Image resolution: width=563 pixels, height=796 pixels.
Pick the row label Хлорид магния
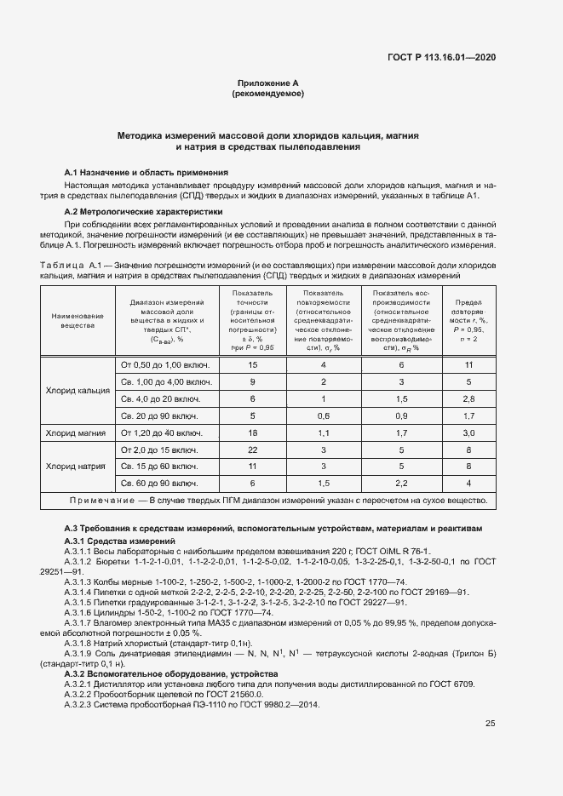pos(77,433)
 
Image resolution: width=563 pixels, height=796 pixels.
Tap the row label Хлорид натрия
pos(77,467)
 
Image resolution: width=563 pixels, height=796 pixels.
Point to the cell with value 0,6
pos(323,416)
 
